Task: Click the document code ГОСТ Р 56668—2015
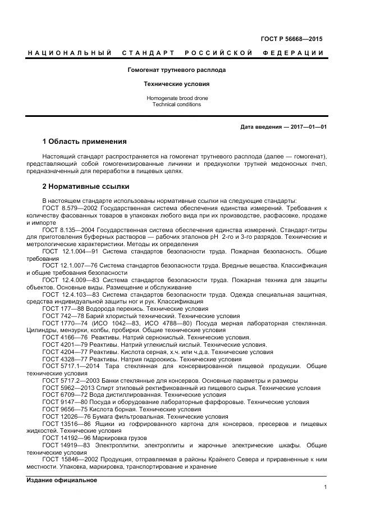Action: (292, 39)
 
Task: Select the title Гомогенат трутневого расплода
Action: (177, 70)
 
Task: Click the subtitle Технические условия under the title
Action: (177, 84)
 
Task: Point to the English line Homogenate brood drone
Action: (177, 98)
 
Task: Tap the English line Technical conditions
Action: (177, 105)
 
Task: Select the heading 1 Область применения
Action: (84, 141)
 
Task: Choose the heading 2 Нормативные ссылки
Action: (86, 186)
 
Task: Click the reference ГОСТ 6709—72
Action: (62, 395)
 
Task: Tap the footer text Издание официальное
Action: (62, 480)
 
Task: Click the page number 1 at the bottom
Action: (326, 487)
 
